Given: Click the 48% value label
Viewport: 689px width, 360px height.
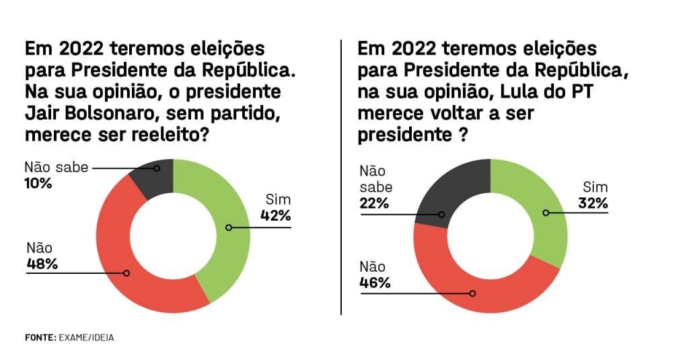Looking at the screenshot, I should pos(42,263).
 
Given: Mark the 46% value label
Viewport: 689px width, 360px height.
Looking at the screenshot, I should pos(375,283).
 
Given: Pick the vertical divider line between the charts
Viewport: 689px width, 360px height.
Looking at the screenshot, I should pos(342,175).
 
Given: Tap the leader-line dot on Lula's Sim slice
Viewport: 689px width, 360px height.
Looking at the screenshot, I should pos(546,213).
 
